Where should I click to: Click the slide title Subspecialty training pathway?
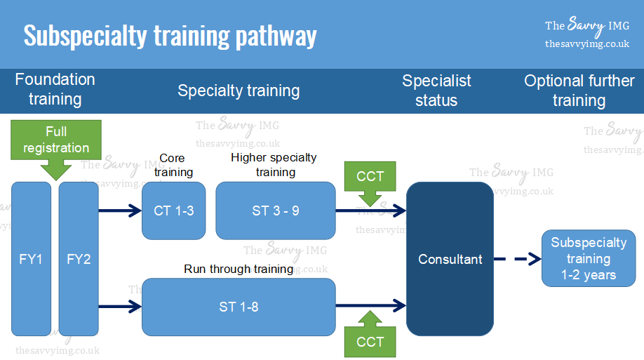pos(170,35)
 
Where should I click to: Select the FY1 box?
pos(31,259)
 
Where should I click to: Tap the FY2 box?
pos(79,259)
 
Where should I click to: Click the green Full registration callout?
pos(56,141)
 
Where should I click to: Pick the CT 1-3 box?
pos(173,211)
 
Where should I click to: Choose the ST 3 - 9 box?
pos(275,211)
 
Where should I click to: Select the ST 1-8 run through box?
pos(239,307)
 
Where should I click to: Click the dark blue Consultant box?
pos(450,259)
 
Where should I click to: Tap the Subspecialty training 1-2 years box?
pos(589,259)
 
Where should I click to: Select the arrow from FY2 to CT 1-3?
pos(119,211)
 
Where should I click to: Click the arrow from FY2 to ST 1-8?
pos(119,305)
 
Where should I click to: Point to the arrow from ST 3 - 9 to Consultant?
pos(370,211)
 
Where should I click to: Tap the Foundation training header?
pos(55,90)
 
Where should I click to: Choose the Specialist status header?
pos(436,91)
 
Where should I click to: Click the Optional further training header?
pos(579,91)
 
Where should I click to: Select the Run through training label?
pos(239,269)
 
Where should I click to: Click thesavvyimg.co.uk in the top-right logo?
pos(586,44)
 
